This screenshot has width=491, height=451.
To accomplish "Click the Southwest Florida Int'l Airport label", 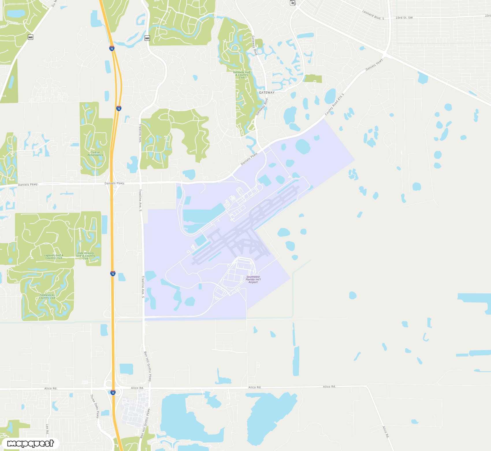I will [x=253, y=279].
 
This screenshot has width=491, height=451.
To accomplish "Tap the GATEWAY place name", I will [x=267, y=93].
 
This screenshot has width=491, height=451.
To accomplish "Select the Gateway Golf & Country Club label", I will [x=242, y=75].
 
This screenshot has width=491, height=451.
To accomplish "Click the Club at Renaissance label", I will [x=95, y=154].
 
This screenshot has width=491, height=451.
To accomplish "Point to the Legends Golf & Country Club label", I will [x=54, y=256].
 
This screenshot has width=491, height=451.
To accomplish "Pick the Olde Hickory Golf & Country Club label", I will [x=85, y=256].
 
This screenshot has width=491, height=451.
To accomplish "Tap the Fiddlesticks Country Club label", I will [x=47, y=296].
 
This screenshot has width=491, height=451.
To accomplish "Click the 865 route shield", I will [x=31, y=37].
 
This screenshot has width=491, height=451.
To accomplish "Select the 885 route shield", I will [x=147, y=38].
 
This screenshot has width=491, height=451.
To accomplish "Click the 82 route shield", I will [x=293, y=3].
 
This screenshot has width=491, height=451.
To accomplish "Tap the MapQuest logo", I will [x=31, y=443].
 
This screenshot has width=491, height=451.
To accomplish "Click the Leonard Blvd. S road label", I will [x=373, y=15].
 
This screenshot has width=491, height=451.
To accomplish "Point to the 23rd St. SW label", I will [x=404, y=18].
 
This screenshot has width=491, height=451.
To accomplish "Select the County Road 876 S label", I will [x=334, y=104].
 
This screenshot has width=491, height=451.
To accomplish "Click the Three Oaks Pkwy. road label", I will [x=95, y=406].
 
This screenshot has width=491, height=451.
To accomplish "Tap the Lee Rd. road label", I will [x=47, y=429].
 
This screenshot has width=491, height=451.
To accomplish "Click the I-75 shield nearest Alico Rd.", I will [x=113, y=393].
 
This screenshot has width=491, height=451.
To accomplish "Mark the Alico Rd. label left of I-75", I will [x=51, y=388].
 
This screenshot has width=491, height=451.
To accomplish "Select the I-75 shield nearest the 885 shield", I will [x=112, y=49].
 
